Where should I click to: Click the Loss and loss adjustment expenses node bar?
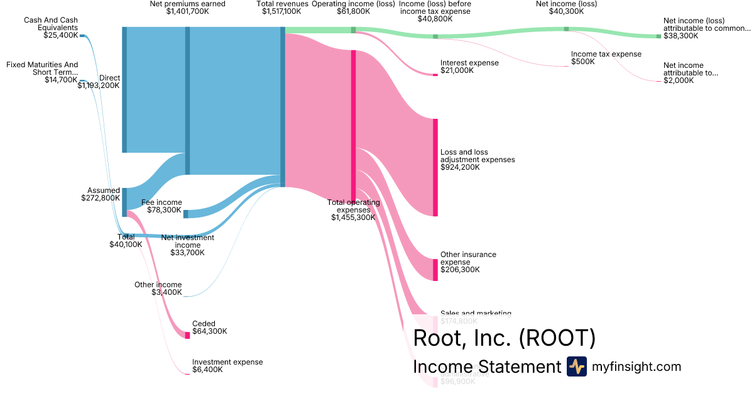[x=435, y=167]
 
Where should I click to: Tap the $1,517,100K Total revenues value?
[x=282, y=11]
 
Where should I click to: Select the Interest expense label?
[x=469, y=63]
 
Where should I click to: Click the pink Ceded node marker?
[x=187, y=335]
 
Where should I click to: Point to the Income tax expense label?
[x=606, y=54]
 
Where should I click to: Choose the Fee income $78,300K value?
[x=164, y=210]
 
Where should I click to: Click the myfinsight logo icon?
[x=576, y=366]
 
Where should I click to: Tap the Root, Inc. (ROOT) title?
[x=504, y=338]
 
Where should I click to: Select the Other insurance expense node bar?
[x=435, y=270]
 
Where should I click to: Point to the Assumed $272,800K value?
[x=101, y=198]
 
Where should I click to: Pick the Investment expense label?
[x=227, y=362]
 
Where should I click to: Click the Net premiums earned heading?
[x=187, y=4]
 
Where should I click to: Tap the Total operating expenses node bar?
[x=353, y=126]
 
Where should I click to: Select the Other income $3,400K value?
[x=167, y=292]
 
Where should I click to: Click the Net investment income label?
[x=187, y=241]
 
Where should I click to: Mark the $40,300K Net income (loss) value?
[x=565, y=11]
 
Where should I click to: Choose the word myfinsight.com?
[x=637, y=366]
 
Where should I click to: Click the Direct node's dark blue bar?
[x=124, y=89]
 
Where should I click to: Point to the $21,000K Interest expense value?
[x=457, y=70]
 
